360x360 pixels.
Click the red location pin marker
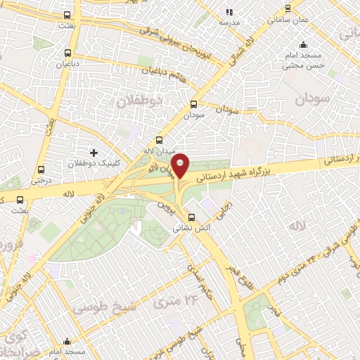pos(181,166)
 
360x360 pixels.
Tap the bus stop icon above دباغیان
pos(67,52)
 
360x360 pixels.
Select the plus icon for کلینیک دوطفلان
pos(94,152)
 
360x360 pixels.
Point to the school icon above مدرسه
pos(229,11)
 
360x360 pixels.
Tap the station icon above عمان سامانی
pos(287,8)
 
